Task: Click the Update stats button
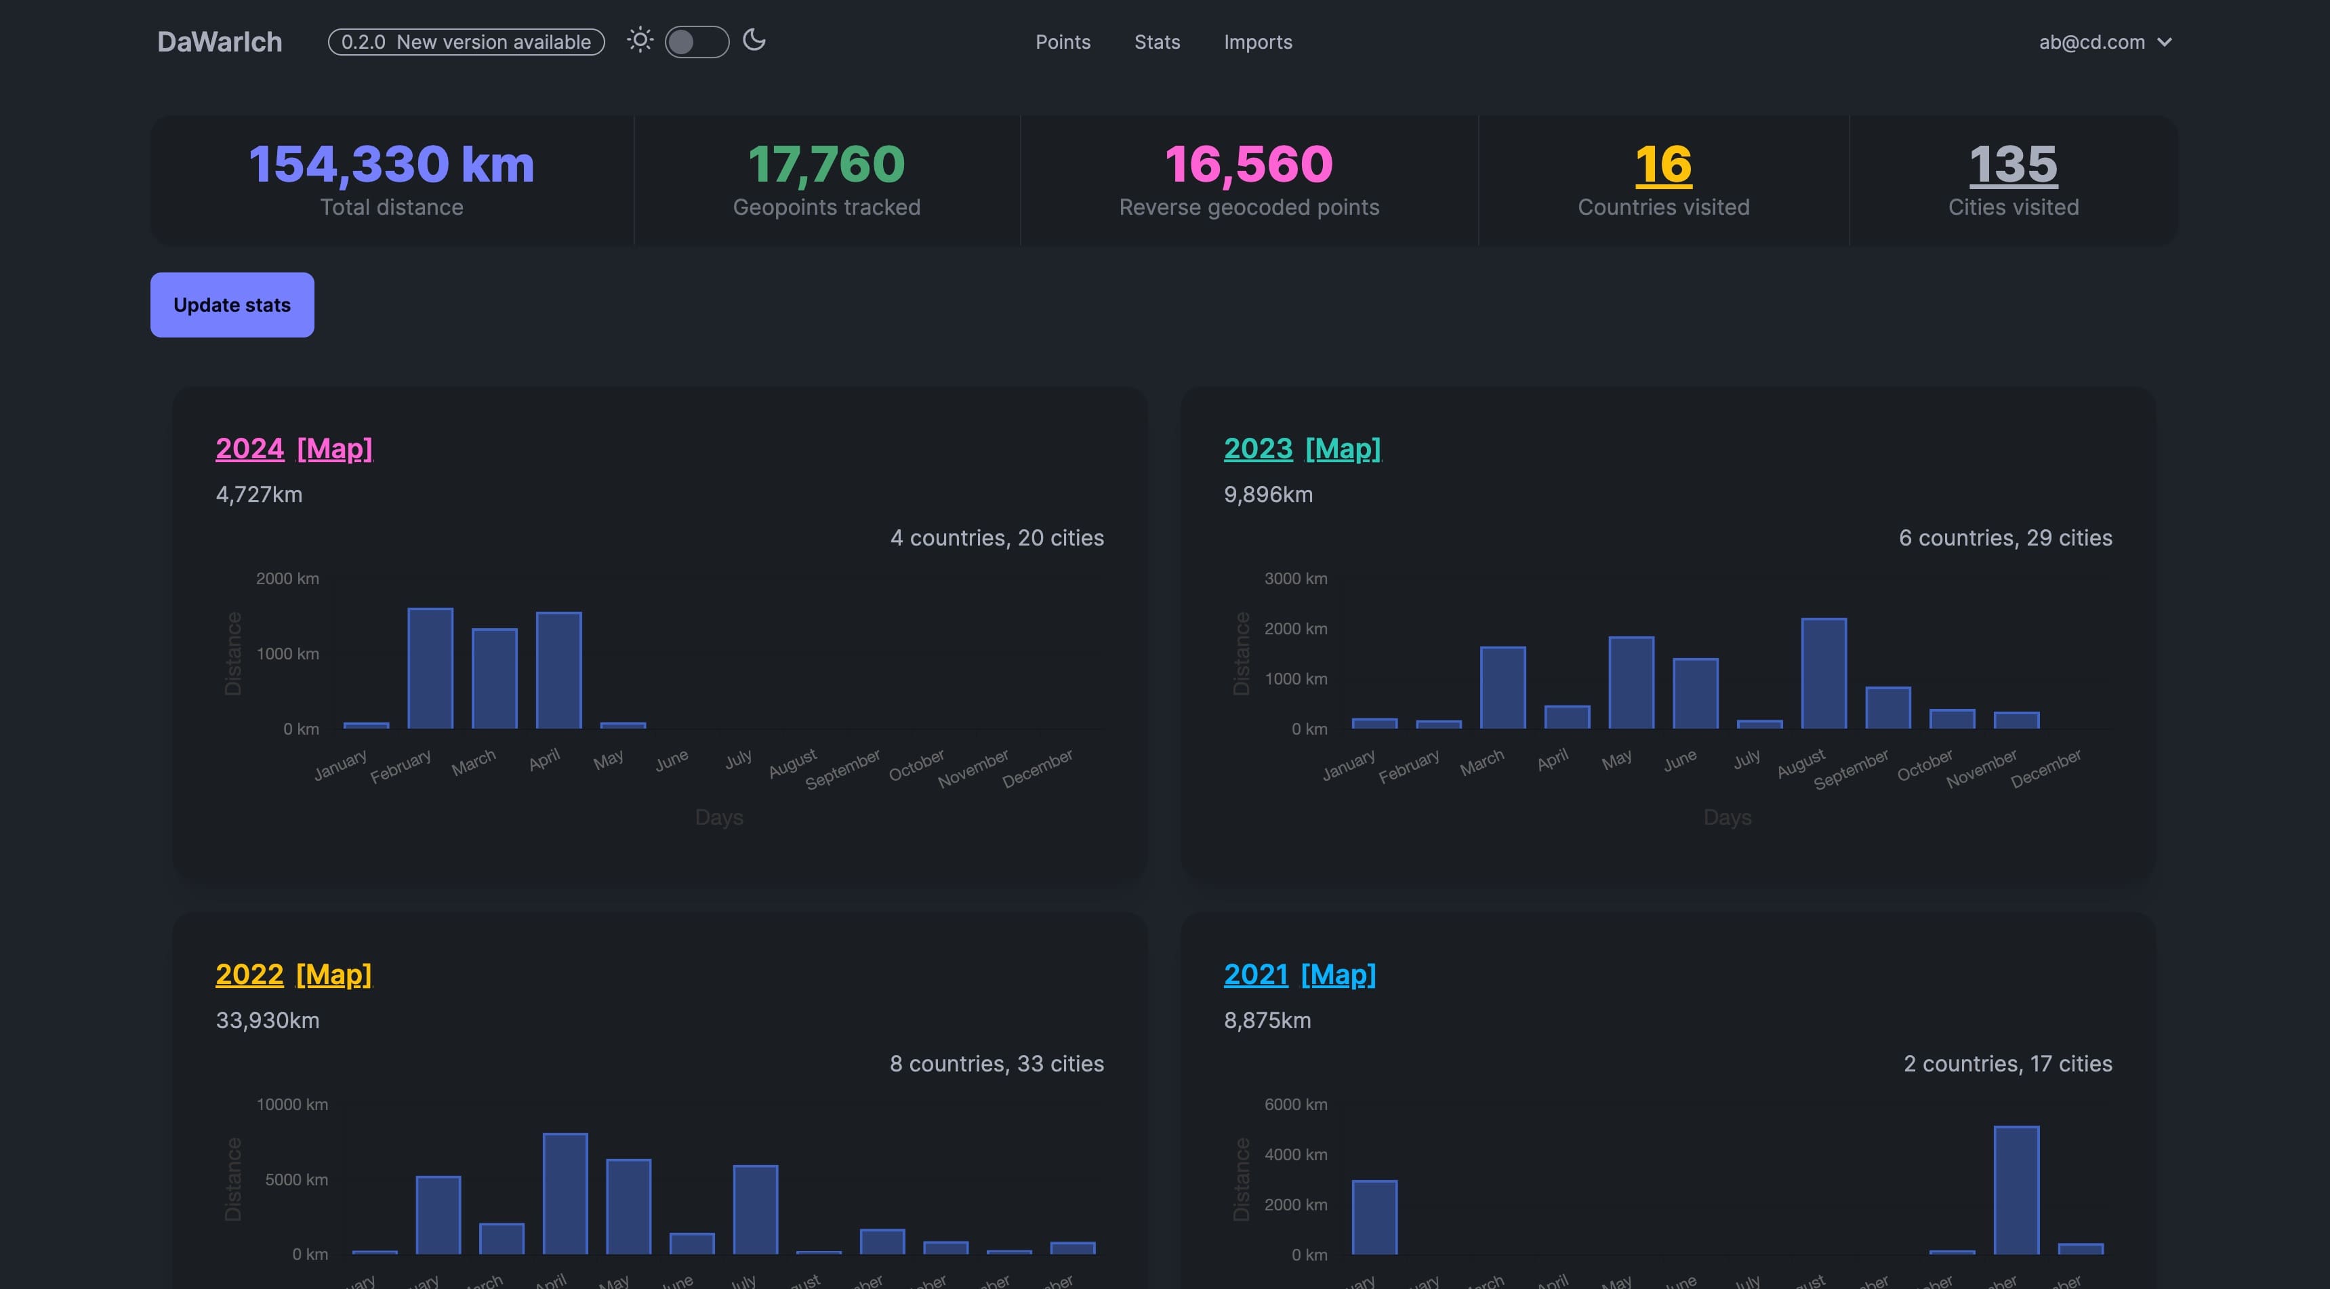(x=232, y=305)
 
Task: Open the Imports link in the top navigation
(x=1257, y=41)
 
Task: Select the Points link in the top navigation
(x=1063, y=41)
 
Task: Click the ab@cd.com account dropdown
(x=2104, y=41)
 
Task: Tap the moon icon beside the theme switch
(x=754, y=40)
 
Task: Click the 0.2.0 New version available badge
(x=466, y=41)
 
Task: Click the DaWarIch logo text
(x=220, y=41)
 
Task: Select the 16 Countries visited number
(x=1662, y=165)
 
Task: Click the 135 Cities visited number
(x=2013, y=165)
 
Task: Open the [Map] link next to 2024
(x=335, y=448)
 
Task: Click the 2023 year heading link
(x=1257, y=448)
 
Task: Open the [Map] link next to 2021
(x=1338, y=975)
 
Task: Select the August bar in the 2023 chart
(x=1824, y=673)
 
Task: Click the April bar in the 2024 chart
(x=558, y=670)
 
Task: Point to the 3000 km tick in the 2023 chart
(x=1295, y=578)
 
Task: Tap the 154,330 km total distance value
(x=392, y=165)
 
